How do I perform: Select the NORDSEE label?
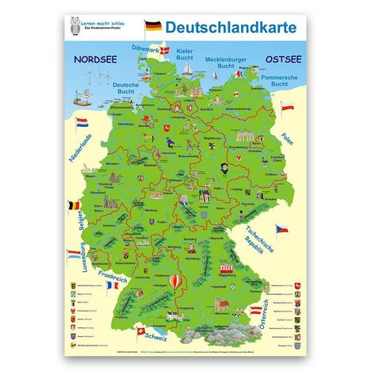pyautogui.click(x=91, y=59)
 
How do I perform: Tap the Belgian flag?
pyautogui.click(x=75, y=207)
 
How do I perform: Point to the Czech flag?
pyautogui.click(x=281, y=230)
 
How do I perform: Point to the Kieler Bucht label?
pyautogui.click(x=183, y=55)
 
